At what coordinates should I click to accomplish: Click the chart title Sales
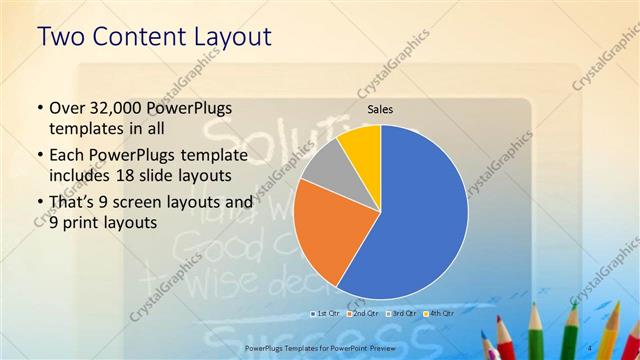(380, 109)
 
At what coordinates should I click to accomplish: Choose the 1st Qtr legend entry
(326, 313)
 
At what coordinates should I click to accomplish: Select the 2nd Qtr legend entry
(363, 313)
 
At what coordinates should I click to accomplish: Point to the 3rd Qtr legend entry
(401, 313)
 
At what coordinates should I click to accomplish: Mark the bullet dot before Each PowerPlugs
(38, 156)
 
